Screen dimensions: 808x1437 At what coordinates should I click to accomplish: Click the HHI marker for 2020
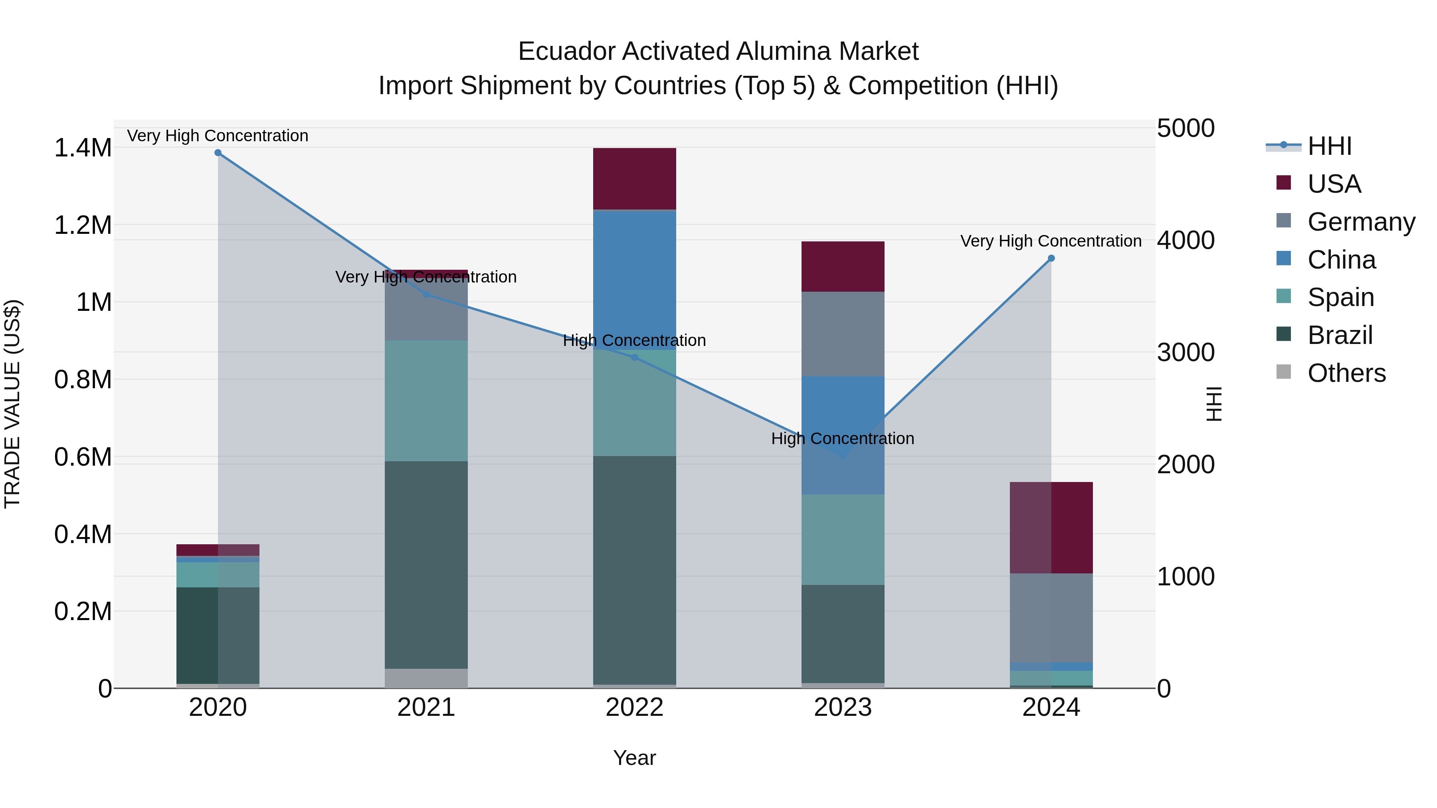(218, 153)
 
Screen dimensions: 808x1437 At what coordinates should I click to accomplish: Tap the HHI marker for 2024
(1051, 258)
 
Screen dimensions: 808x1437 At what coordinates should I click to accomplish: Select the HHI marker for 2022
(634, 358)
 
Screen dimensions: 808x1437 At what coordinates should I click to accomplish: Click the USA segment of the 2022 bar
(634, 178)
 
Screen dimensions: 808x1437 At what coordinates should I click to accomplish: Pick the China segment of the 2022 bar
(634, 279)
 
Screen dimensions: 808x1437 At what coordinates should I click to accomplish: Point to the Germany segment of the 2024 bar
(1051, 617)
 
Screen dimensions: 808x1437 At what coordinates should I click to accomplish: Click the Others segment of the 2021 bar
(426, 678)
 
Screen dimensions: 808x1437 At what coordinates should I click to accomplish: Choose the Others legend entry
(1346, 373)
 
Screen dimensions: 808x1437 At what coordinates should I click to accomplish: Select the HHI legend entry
(1329, 146)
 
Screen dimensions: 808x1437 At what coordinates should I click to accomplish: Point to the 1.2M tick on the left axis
(83, 225)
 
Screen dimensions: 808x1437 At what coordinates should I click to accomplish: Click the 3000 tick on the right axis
(1186, 352)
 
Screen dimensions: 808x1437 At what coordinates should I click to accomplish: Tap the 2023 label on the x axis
(843, 707)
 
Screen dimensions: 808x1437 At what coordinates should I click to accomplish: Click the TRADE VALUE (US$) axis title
(12, 404)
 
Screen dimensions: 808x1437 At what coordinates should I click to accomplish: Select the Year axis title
(634, 758)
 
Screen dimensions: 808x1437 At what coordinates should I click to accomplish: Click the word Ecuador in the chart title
(566, 51)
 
